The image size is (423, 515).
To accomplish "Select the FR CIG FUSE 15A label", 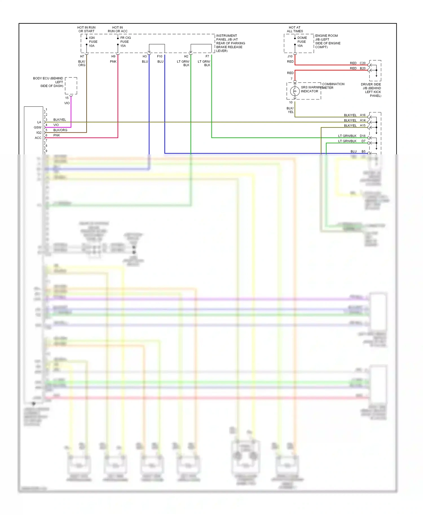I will click(125, 42).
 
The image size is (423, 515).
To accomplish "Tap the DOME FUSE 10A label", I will click(302, 42).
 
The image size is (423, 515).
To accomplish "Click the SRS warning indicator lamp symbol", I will click(295, 91).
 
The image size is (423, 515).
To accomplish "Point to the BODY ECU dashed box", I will click(71, 86).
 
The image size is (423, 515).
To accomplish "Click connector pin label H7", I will click(82, 56).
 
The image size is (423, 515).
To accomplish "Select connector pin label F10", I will click(160, 56).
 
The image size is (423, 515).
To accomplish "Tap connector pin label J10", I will click(290, 56).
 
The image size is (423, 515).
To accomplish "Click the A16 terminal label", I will click(363, 115).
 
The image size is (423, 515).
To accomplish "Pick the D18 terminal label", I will click(363, 136).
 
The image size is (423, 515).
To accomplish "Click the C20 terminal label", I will click(363, 63).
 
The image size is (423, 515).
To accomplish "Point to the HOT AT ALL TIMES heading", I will click(295, 29).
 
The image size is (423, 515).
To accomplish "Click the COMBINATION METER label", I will click(333, 86).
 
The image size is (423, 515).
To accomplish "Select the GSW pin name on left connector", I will click(38, 127).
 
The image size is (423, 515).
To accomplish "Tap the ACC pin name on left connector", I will click(38, 138).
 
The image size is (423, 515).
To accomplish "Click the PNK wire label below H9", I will click(113, 61).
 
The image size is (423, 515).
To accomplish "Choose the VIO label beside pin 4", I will click(56, 125).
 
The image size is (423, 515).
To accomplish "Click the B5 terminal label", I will click(363, 151).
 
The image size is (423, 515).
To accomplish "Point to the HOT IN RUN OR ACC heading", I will click(118, 29).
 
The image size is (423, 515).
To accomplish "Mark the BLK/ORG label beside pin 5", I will click(60, 130).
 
